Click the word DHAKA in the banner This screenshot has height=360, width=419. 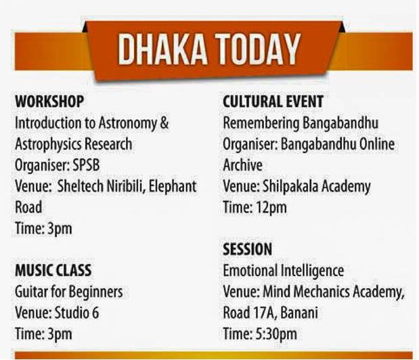tap(162, 49)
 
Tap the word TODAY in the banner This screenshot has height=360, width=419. tap(259, 49)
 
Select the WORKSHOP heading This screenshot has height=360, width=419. tap(49, 102)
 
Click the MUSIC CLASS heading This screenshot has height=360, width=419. tap(53, 270)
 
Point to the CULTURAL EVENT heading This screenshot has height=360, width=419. tap(273, 102)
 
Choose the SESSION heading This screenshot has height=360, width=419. tap(248, 249)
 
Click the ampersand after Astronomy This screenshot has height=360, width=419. tap(165, 123)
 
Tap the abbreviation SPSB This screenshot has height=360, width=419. tap(86, 165)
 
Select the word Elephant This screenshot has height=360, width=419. tap(173, 186)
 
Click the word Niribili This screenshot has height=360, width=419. tap(126, 186)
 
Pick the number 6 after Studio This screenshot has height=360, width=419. tap(95, 313)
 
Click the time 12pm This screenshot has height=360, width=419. tap(271, 207)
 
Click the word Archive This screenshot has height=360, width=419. tap(242, 165)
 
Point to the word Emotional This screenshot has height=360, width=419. tap(250, 270)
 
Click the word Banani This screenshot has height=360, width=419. tap(299, 313)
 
